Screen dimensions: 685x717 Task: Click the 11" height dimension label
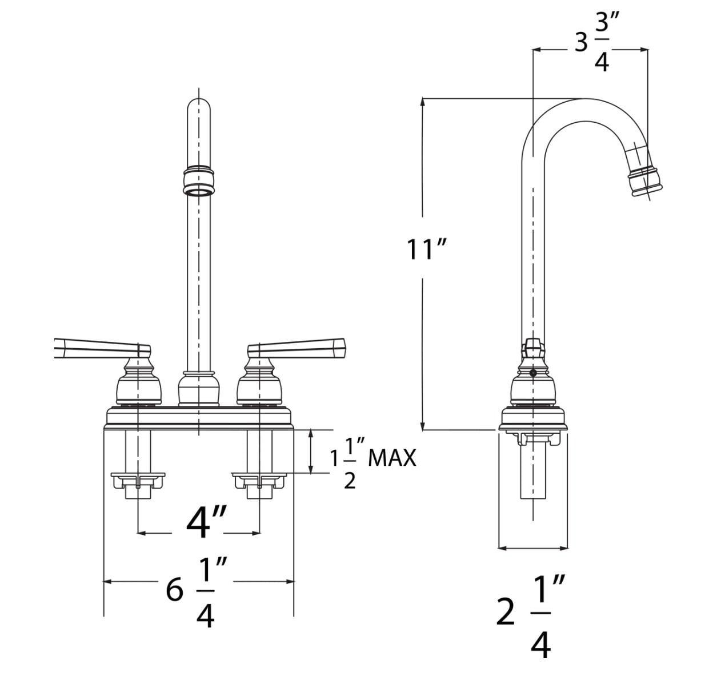(x=426, y=249)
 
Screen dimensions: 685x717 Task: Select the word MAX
(x=392, y=457)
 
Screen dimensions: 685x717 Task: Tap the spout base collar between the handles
(x=198, y=388)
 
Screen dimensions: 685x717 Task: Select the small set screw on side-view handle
(x=532, y=373)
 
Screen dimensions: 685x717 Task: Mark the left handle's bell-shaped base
(x=138, y=384)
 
